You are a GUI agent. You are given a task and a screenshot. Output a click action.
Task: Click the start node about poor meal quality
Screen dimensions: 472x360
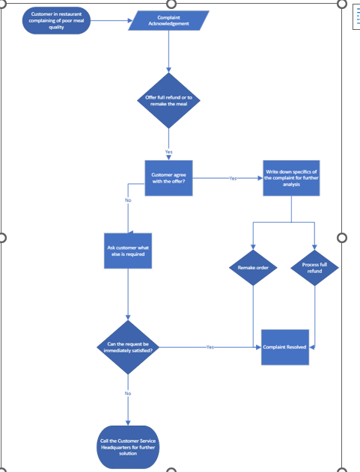tap(57, 22)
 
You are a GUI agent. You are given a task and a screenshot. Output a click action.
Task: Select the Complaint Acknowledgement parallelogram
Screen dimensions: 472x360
tap(168, 21)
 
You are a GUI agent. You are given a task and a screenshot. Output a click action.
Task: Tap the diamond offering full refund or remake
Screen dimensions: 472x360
tap(168, 99)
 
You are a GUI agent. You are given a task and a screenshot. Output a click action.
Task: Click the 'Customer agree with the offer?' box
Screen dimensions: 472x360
tap(168, 179)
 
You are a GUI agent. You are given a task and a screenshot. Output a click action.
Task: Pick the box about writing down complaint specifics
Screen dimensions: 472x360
tap(291, 178)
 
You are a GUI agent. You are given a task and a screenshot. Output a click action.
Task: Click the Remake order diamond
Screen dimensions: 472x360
tap(253, 268)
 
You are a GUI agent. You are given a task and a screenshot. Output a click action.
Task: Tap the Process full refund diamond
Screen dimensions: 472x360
tap(314, 268)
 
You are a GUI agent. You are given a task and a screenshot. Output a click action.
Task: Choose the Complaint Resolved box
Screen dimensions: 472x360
tap(285, 347)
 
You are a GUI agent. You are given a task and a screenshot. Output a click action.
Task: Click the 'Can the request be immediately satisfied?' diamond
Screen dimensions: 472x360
tap(129, 346)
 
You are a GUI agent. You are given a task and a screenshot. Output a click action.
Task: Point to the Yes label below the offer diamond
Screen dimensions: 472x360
tap(168, 152)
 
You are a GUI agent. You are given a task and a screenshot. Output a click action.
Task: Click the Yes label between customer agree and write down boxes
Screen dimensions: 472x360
tap(232, 179)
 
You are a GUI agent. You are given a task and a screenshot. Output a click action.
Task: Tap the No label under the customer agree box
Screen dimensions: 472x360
tap(128, 200)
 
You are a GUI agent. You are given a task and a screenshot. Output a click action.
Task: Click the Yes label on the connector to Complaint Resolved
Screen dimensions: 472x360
tap(210, 347)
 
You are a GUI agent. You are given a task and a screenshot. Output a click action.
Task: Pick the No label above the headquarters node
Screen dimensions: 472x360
tap(128, 393)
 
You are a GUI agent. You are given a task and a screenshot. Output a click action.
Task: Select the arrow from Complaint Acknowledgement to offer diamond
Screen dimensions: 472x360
tap(168, 52)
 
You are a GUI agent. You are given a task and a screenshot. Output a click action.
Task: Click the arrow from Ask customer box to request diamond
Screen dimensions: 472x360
tap(129, 295)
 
